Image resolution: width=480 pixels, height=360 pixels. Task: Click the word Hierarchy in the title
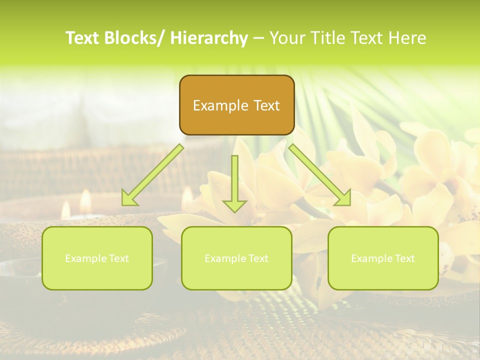(209, 38)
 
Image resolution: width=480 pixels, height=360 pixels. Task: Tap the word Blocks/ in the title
(136, 38)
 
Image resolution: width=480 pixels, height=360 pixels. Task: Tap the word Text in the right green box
(404, 258)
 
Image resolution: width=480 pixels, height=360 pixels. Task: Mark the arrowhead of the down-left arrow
(129, 198)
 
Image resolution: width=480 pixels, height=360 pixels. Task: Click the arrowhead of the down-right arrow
(343, 198)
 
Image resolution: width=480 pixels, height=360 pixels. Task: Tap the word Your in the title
(287, 38)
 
